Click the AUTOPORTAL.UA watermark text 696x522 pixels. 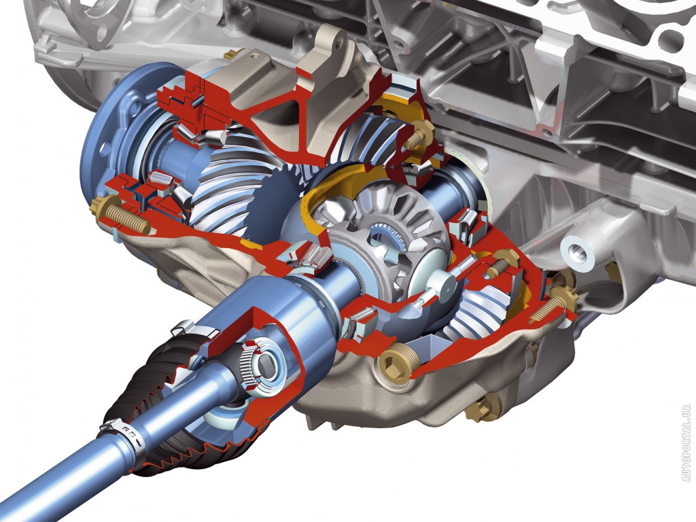[x=686, y=443]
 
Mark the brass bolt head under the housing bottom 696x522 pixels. [x=484, y=406]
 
